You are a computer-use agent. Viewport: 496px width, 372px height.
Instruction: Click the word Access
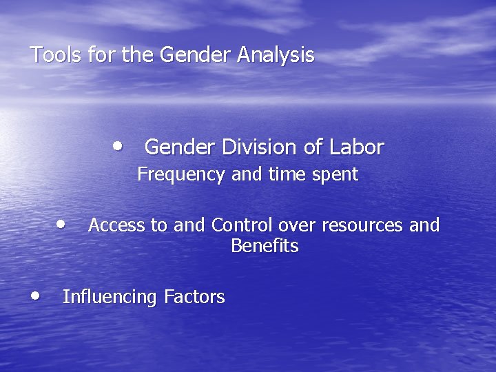click(x=114, y=225)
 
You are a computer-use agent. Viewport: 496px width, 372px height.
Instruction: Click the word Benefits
click(x=265, y=246)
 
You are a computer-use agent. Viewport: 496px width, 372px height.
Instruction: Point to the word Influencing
click(x=110, y=298)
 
